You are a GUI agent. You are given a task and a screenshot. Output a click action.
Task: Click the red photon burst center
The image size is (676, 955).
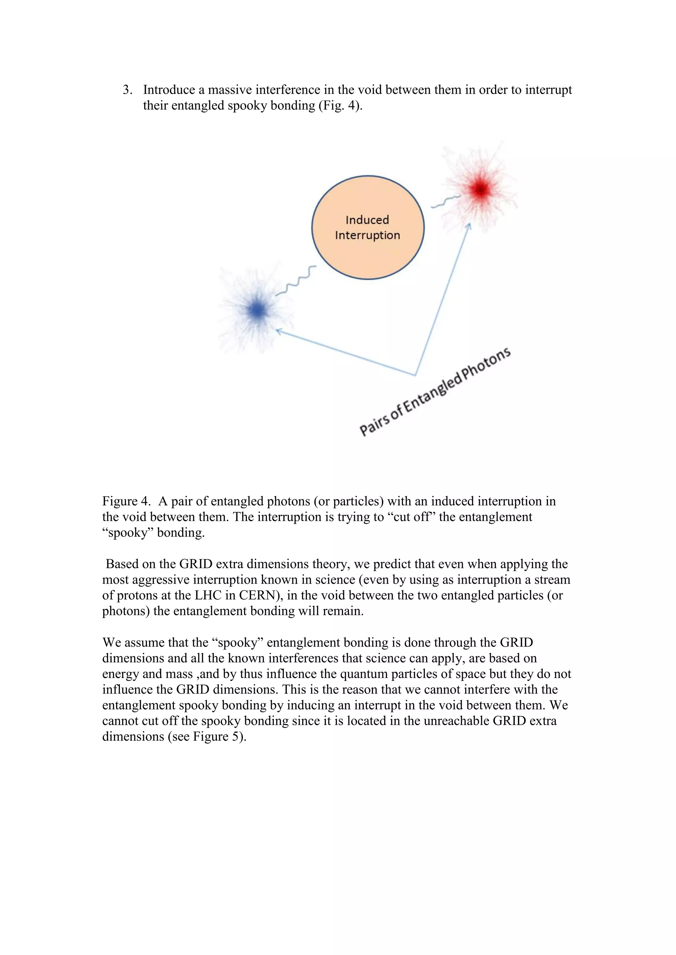(481, 190)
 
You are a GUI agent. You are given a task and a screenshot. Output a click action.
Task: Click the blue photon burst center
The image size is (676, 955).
(258, 310)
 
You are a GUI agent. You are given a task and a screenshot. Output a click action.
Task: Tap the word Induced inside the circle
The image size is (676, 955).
(367, 220)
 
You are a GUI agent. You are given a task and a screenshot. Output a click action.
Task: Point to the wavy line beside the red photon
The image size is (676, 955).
(445, 202)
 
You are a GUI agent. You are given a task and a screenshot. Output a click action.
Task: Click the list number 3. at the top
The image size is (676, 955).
(127, 90)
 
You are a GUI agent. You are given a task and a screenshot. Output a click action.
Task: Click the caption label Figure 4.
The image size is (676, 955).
(126, 501)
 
